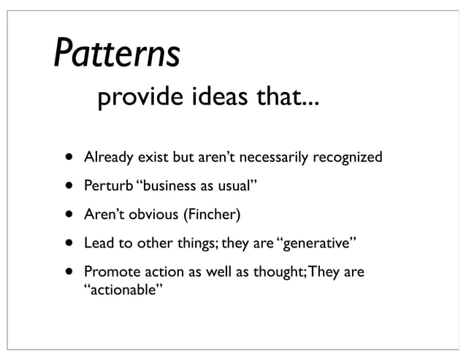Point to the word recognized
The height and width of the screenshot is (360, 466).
point(347,157)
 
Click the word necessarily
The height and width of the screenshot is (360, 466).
point(275,157)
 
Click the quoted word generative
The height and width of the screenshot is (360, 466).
point(317,244)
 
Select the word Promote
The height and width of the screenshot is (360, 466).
point(110,273)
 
